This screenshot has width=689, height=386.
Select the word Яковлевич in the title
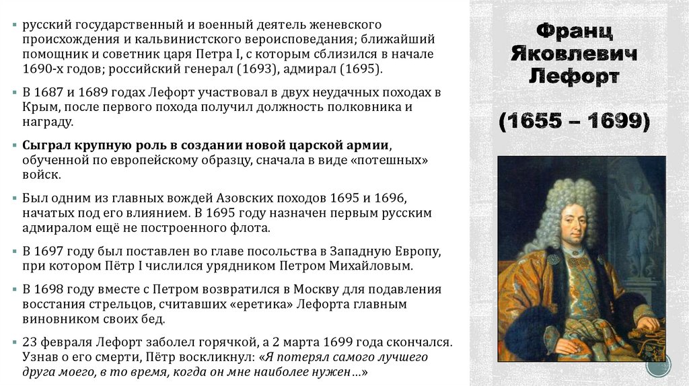click(573, 54)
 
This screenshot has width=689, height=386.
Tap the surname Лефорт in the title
click(573, 76)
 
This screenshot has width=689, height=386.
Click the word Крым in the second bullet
click(38, 107)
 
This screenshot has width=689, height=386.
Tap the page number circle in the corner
click(659, 367)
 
